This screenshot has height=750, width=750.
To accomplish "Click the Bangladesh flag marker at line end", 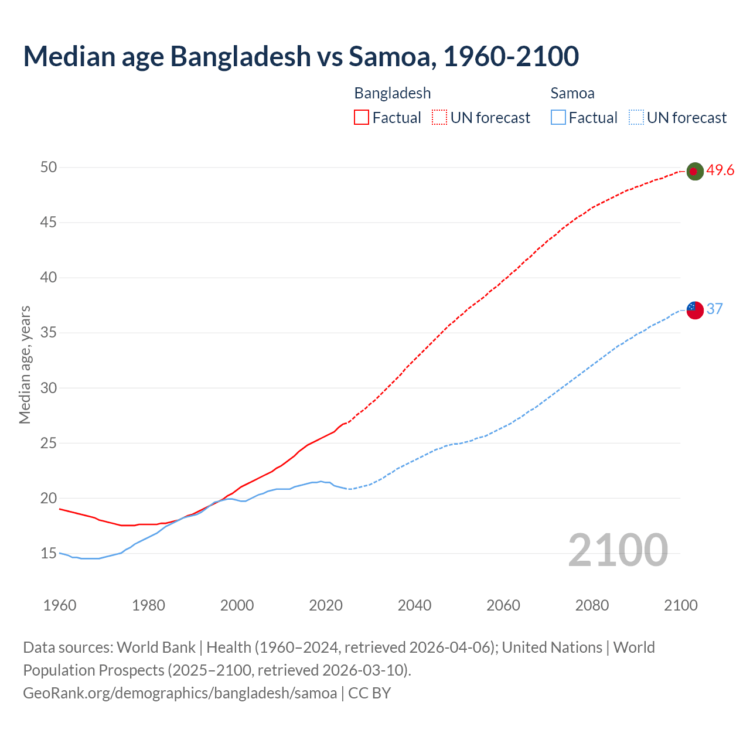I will click(694, 171).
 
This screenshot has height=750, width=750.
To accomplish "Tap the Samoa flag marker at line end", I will click(695, 310).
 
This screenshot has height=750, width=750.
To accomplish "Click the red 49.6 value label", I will click(720, 171).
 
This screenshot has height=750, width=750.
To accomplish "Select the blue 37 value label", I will click(714, 309).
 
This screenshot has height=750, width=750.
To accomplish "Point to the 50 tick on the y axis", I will click(49, 168).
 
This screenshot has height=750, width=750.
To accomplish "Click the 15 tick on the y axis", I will click(49, 553).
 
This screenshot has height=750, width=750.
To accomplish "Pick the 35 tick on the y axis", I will click(49, 333).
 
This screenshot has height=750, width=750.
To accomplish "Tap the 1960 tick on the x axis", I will click(60, 605).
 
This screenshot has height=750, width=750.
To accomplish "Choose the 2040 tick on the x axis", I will click(414, 605).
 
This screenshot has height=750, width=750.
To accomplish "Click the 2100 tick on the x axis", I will click(680, 605).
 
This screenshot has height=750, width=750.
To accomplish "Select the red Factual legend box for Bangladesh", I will click(362, 117).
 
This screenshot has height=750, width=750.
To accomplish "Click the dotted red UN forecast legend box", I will click(439, 117).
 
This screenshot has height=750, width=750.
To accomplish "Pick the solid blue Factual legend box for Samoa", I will click(558, 117).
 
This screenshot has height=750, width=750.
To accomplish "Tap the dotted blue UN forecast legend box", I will click(636, 117).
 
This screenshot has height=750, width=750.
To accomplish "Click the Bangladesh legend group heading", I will click(392, 93).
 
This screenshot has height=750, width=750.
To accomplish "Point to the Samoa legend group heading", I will click(572, 93).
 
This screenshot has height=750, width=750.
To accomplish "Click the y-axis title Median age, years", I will click(25, 364).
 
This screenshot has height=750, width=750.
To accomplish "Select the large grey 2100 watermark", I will click(618, 550).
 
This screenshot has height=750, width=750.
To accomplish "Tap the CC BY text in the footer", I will click(369, 693).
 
